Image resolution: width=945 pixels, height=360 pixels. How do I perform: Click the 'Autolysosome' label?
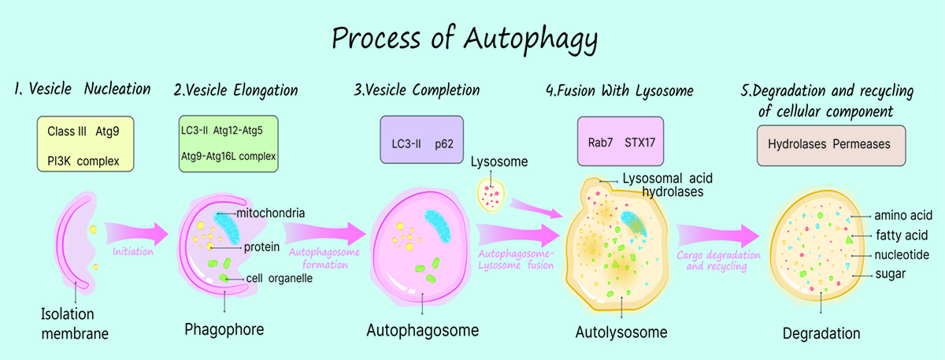point(621,332)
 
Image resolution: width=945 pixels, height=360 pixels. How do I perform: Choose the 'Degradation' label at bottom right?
point(821,332)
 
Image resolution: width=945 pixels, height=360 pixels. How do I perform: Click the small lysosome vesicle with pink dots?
point(492,195)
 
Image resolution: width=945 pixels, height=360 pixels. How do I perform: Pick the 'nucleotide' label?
point(902,254)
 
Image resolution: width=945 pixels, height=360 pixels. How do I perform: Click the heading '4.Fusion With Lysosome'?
point(620,91)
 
